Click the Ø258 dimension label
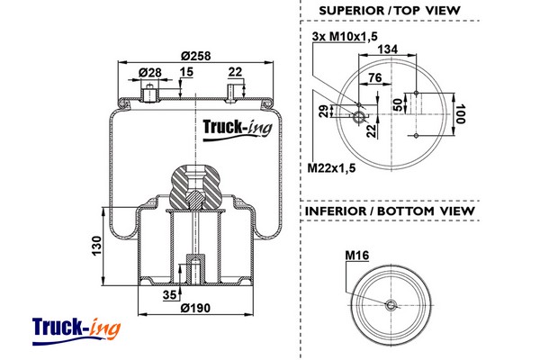[194, 57]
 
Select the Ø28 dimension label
[148, 72]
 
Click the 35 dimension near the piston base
[170, 293]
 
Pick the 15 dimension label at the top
[186, 72]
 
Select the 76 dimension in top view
[374, 77]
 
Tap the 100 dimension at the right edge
[460, 115]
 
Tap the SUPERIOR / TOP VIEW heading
[390, 11]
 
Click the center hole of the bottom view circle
[390, 304]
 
